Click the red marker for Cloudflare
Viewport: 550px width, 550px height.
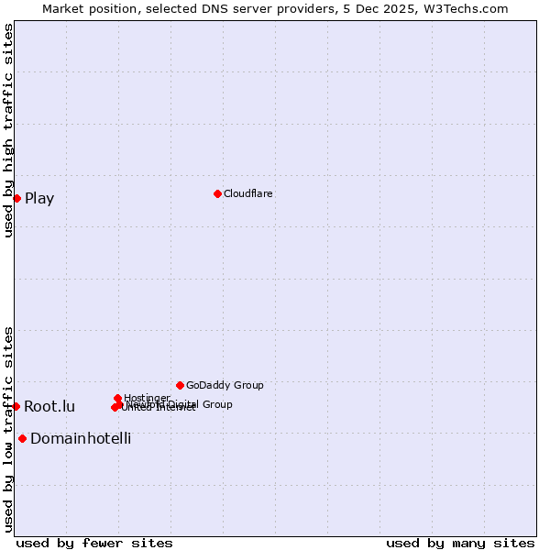coord(217,193)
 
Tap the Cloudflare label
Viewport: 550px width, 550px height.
coord(247,193)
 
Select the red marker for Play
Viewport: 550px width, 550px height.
coord(16,198)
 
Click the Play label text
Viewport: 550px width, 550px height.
coord(39,198)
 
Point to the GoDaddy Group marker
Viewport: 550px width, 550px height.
coord(180,385)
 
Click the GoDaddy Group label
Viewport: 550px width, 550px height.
coord(225,385)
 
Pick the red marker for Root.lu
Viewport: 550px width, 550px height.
coord(16,406)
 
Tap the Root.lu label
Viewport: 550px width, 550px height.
coord(49,406)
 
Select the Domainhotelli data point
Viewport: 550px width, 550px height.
coord(22,438)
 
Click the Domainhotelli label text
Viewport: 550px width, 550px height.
coord(81,438)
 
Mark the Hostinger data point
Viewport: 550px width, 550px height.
coord(117,398)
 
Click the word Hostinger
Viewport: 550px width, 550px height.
coord(147,398)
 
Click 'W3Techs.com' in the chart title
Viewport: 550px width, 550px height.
coord(468,8)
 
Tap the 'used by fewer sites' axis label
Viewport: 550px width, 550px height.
coord(94,543)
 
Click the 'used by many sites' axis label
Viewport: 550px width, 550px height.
coord(460,543)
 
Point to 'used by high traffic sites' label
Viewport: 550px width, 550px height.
coord(8,130)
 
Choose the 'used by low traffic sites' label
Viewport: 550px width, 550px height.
coord(8,429)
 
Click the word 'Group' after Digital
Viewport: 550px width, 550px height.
coord(216,404)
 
